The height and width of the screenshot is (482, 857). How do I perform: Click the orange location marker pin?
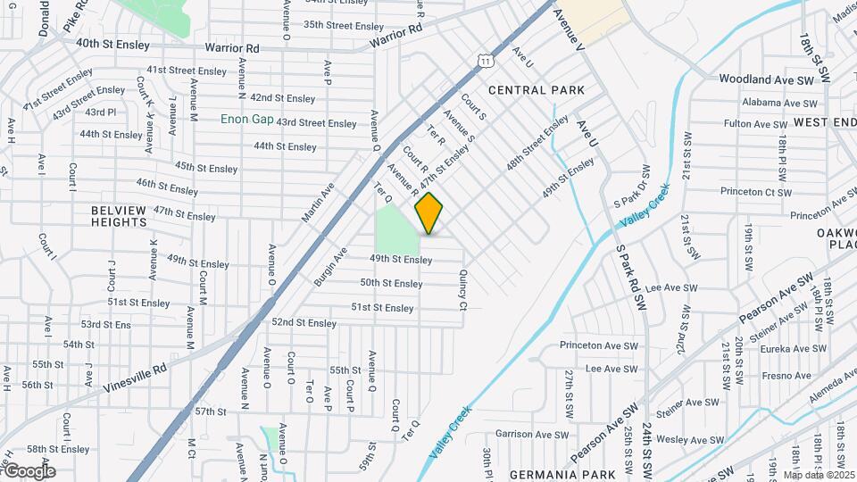(429, 212)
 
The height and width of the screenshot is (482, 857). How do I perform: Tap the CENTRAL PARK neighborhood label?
(537, 90)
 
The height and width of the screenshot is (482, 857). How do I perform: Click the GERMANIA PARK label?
(551, 474)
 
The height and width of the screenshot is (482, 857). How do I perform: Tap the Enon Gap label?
(246, 119)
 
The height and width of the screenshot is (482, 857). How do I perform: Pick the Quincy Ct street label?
(463, 290)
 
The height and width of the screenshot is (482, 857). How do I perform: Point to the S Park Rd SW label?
(629, 267)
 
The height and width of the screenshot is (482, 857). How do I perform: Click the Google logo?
(29, 470)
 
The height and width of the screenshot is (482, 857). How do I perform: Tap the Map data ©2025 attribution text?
(818, 474)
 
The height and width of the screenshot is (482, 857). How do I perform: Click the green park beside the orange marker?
(396, 229)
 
